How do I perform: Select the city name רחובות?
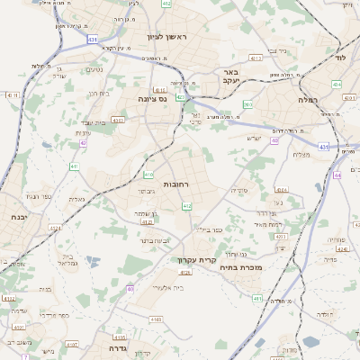click(x=176, y=184)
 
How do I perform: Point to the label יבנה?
click(x=17, y=217)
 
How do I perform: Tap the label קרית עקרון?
click(x=192, y=260)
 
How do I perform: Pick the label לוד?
click(x=340, y=56)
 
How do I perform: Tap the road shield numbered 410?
click(x=148, y=175)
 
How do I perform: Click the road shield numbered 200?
click(x=247, y=104)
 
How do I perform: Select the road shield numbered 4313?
click(x=256, y=58)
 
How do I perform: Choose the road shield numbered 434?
click(x=337, y=84)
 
